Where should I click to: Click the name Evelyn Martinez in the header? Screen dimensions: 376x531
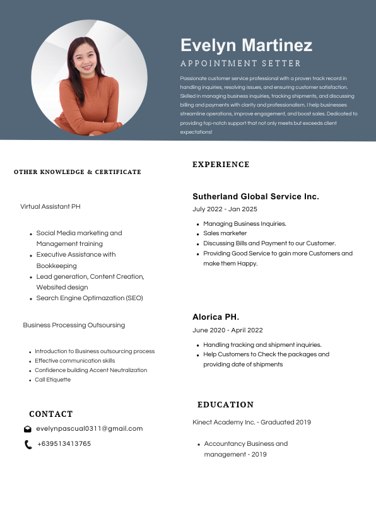click(x=246, y=45)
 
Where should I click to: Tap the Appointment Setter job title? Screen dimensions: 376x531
click(x=240, y=64)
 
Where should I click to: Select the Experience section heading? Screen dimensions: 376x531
click(x=221, y=165)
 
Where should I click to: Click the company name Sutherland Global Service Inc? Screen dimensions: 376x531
click(x=256, y=197)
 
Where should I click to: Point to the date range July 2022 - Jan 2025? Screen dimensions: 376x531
click(x=225, y=209)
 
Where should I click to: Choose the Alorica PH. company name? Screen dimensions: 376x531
click(x=216, y=317)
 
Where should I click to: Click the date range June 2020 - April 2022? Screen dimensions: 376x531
click(x=227, y=330)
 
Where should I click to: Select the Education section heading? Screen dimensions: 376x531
click(x=225, y=405)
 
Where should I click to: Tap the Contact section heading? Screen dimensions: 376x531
click(x=51, y=414)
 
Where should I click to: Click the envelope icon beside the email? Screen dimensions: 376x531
click(x=28, y=429)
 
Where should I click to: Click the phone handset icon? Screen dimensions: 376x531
click(x=28, y=445)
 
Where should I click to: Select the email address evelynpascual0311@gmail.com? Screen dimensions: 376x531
click(x=89, y=429)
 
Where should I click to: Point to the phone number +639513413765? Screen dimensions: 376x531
click(x=64, y=444)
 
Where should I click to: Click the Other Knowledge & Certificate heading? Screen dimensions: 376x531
click(x=78, y=172)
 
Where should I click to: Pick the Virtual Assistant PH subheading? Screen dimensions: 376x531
click(x=50, y=207)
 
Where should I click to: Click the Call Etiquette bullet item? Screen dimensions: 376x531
click(x=52, y=380)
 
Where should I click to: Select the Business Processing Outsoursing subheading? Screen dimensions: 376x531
click(x=74, y=325)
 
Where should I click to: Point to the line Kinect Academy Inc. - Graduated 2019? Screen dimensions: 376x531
click(x=251, y=422)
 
